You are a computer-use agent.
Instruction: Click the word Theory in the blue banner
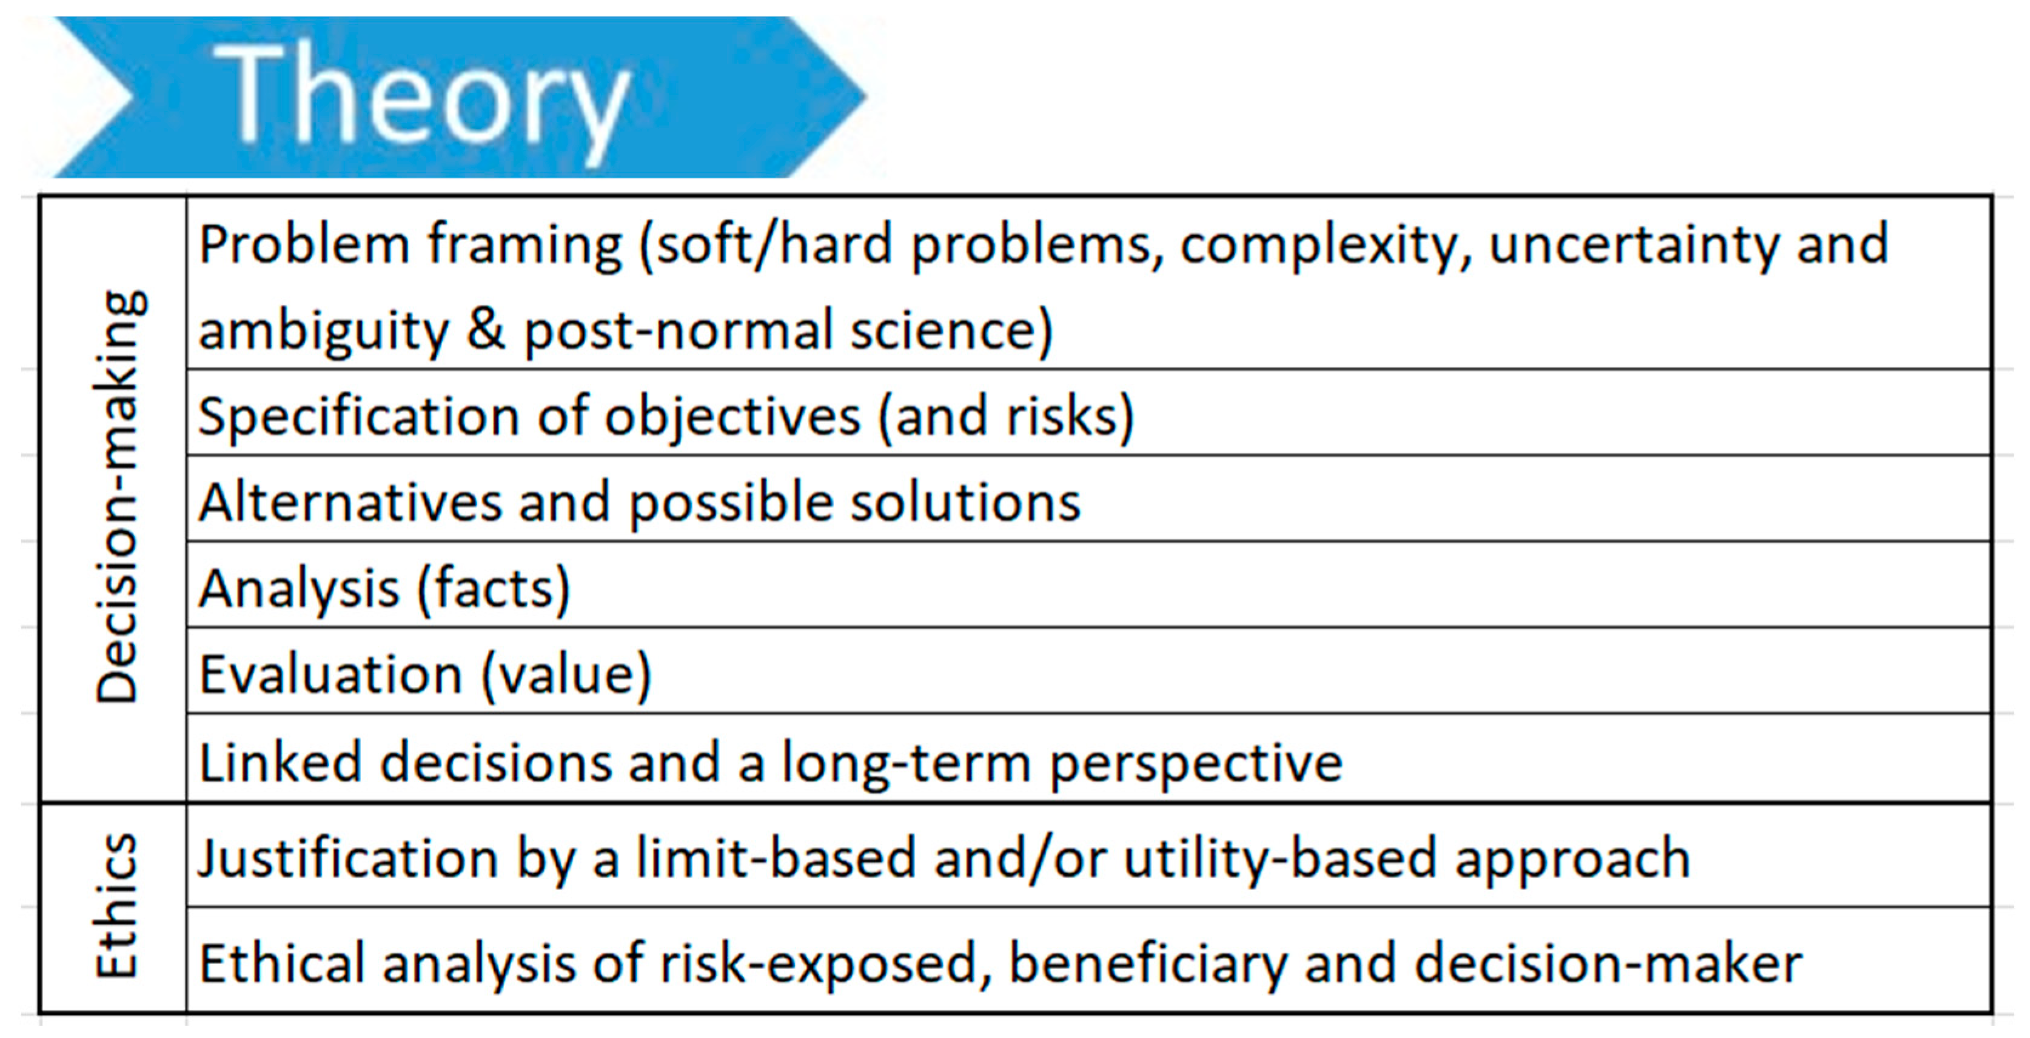click(x=421, y=100)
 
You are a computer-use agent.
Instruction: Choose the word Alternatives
click(x=350, y=503)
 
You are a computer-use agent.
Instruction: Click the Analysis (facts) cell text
click(x=384, y=589)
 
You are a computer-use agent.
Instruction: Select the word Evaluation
click(x=331, y=675)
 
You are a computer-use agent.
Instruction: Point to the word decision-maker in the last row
click(x=1609, y=963)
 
